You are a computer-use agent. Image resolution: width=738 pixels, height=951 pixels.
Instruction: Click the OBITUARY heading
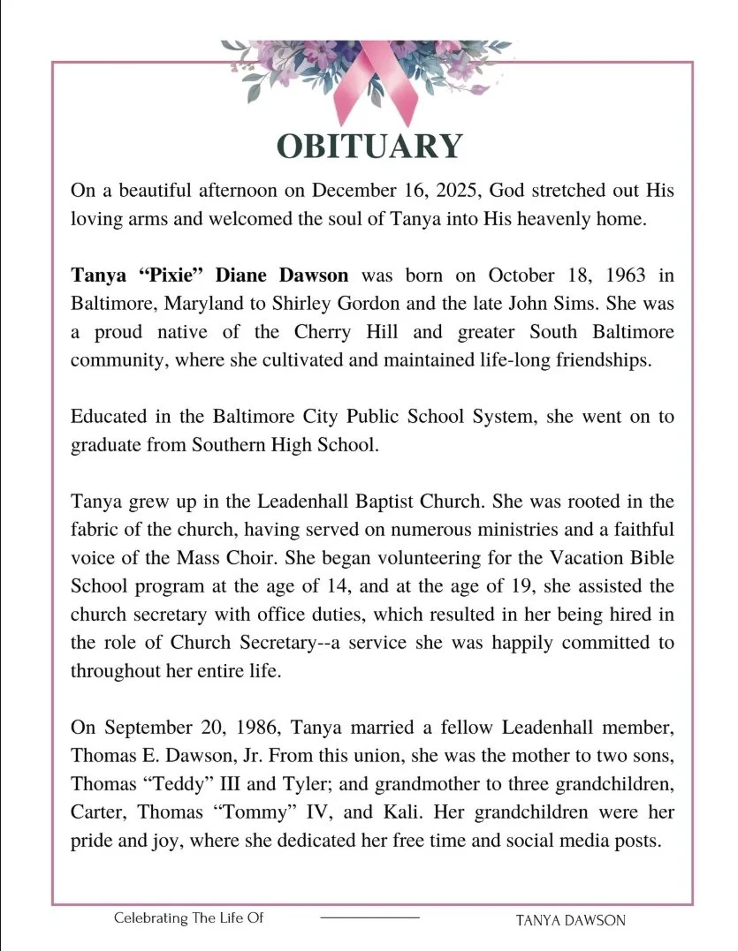[369, 145]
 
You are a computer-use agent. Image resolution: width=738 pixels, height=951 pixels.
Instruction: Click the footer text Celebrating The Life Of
[189, 917]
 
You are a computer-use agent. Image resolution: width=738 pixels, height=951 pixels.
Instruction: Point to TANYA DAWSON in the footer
[570, 919]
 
